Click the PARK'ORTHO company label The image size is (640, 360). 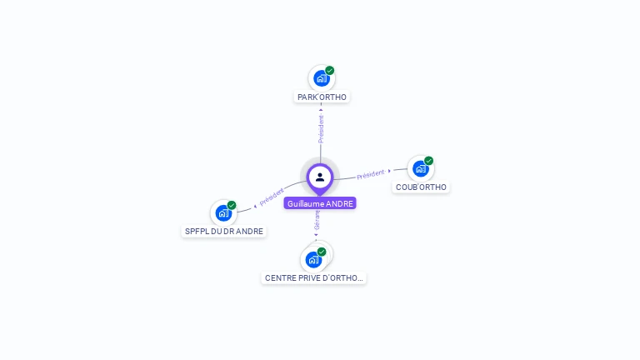pyautogui.click(x=322, y=97)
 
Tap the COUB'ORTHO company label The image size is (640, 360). pyautogui.click(x=421, y=187)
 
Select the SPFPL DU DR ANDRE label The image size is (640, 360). pyautogui.click(x=224, y=231)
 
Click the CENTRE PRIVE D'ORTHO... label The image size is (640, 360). pyautogui.click(x=313, y=277)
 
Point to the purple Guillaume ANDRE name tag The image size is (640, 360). pyautogui.click(x=320, y=203)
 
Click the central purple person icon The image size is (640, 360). pyautogui.click(x=320, y=177)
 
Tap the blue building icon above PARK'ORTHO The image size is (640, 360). pyautogui.click(x=321, y=79)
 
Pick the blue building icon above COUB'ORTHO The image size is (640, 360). pyautogui.click(x=420, y=168)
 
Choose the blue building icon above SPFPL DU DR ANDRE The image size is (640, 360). pyautogui.click(x=223, y=212)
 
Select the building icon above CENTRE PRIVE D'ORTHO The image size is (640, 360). pyautogui.click(x=313, y=259)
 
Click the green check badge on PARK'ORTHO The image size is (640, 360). pyautogui.click(x=330, y=71)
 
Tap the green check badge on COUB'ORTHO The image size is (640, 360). pyautogui.click(x=429, y=160)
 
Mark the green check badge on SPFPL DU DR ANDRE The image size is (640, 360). pyautogui.click(x=232, y=205)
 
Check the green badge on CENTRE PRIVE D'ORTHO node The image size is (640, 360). pyautogui.click(x=322, y=252)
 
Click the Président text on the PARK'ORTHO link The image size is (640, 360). pyautogui.click(x=322, y=128)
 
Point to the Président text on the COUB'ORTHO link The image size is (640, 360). pyautogui.click(x=370, y=174)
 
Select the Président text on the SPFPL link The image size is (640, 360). pyautogui.click(x=272, y=198)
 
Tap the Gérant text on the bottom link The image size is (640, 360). pyautogui.click(x=317, y=222)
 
